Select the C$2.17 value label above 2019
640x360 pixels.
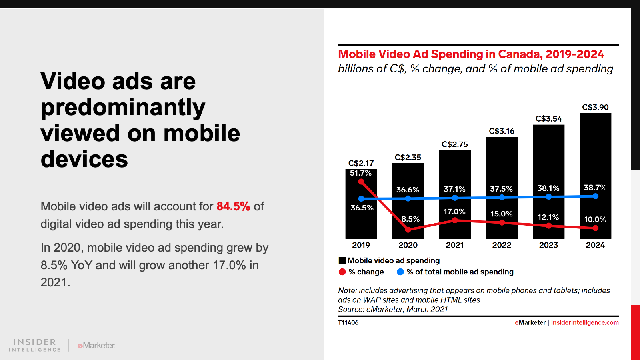point(361,163)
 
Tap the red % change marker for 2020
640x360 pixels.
point(408,230)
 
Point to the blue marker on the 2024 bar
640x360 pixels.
point(596,196)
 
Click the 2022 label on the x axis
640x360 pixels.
point(502,245)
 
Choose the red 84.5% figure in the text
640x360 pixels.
point(233,206)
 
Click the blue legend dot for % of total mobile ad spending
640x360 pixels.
point(400,272)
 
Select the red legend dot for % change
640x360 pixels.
point(342,272)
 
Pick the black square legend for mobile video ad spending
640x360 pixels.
point(342,261)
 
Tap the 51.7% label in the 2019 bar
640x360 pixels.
point(360,173)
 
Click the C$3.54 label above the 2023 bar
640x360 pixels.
point(548,119)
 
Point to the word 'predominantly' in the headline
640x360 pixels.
point(123,108)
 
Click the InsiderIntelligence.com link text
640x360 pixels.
point(584,323)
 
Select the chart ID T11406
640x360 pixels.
point(348,323)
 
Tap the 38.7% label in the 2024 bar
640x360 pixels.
point(595,188)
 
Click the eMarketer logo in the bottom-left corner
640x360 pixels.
point(96,345)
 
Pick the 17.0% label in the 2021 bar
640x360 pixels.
point(454,212)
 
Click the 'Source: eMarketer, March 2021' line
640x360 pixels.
point(392,309)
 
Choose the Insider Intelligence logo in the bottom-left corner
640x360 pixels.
point(35,345)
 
